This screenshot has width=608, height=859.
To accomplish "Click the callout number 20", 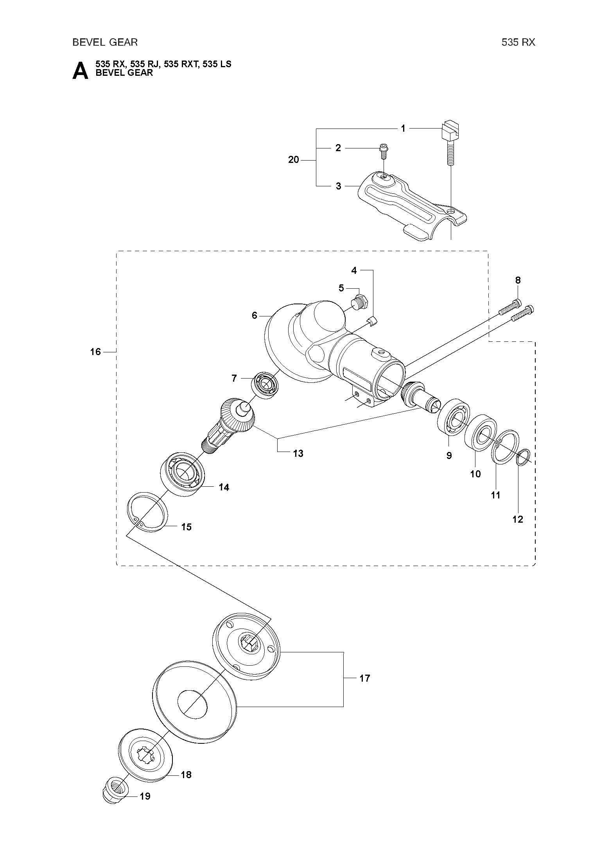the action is (x=293, y=160).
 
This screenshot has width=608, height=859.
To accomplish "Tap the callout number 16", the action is (x=95, y=352).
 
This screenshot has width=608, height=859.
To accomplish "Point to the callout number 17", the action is (x=364, y=678).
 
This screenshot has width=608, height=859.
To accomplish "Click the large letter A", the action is (x=81, y=71).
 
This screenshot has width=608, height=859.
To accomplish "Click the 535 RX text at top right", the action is (x=518, y=42).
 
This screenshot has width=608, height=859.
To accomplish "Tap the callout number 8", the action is (x=518, y=280).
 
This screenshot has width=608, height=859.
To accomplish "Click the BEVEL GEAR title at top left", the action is (x=105, y=42).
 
